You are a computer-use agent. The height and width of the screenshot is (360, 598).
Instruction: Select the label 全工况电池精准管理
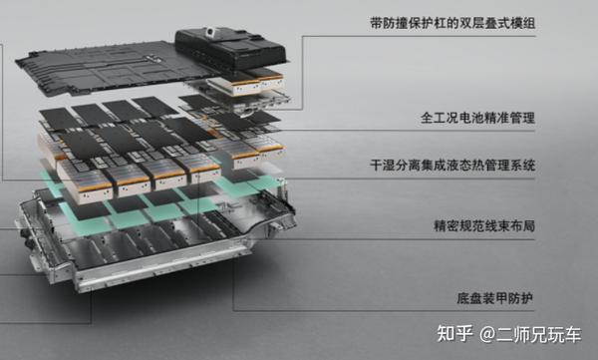pos(478,118)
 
